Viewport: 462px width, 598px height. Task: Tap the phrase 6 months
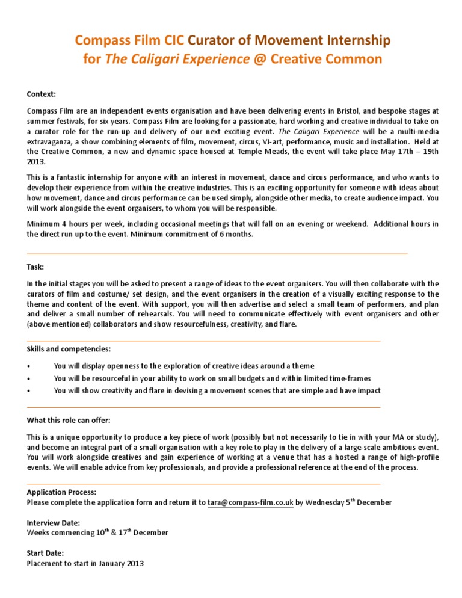pos(236,235)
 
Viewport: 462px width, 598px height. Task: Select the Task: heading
pos(35,266)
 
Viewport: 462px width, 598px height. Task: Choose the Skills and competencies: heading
pos(69,349)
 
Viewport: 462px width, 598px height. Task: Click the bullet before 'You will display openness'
pos(29,366)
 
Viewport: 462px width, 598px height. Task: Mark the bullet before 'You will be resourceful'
pos(29,378)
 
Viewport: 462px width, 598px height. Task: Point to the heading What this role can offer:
pos(69,420)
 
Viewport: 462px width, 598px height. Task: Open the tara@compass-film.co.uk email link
pos(250,502)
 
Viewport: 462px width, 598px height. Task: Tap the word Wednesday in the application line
pos(325,502)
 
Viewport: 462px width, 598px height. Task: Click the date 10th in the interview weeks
pos(100,532)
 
